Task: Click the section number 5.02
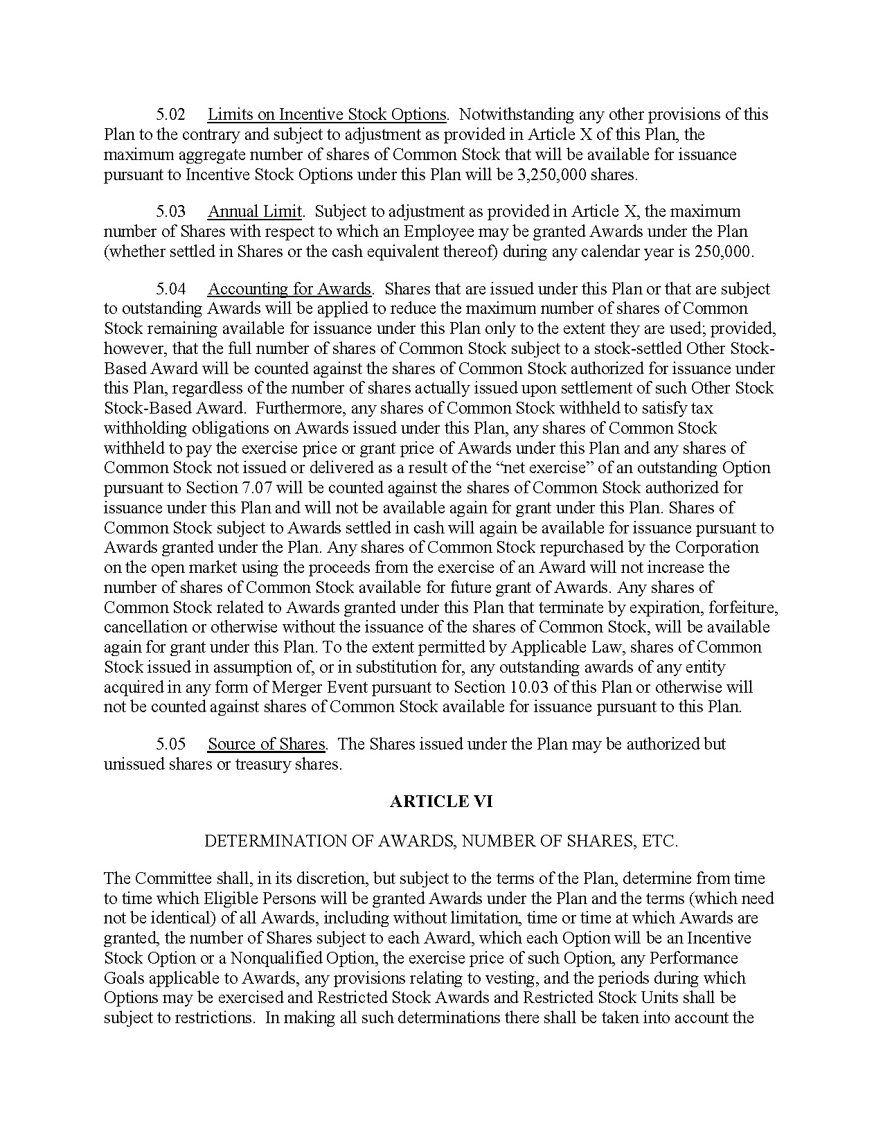(x=170, y=114)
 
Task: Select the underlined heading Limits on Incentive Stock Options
(x=327, y=114)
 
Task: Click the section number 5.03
(x=170, y=211)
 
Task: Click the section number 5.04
(x=170, y=289)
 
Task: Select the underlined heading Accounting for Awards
(x=289, y=289)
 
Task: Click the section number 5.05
(x=170, y=744)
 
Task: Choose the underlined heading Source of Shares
(x=267, y=744)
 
